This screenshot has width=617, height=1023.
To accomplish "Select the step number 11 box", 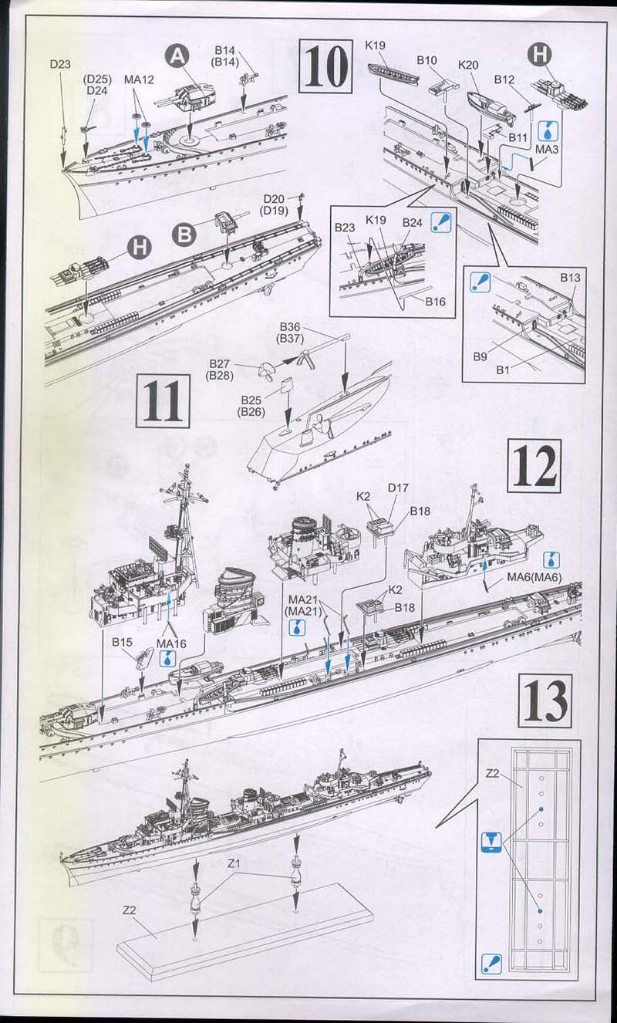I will (x=163, y=400).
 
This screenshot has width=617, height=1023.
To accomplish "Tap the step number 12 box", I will (x=534, y=467).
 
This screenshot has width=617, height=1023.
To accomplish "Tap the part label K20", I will (x=469, y=65).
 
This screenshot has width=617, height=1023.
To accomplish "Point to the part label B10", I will (x=427, y=59).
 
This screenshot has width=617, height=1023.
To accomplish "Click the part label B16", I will (x=435, y=302).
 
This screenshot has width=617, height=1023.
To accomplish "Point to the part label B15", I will (x=123, y=642).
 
